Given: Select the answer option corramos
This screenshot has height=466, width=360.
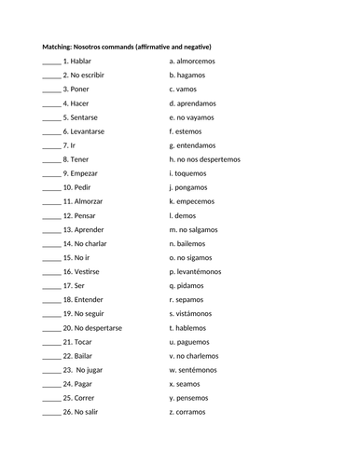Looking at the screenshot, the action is point(196,411).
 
